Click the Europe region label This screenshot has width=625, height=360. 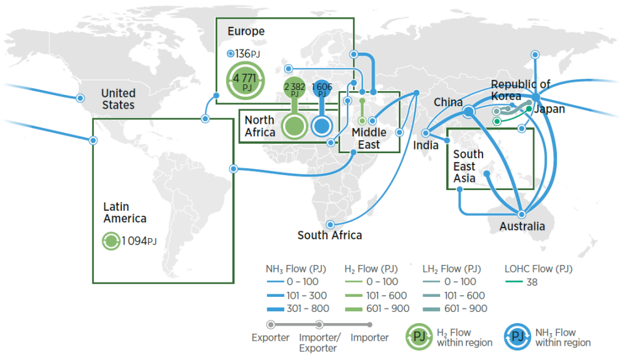click(246, 31)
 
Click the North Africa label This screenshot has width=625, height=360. click(259, 126)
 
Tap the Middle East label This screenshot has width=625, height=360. click(369, 138)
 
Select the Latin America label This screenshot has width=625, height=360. click(125, 212)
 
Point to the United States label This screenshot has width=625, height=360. click(118, 99)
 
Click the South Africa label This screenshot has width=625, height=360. click(329, 236)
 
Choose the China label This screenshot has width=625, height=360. click(448, 102)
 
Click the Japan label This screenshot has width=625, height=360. click(549, 109)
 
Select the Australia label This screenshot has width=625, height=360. click(522, 226)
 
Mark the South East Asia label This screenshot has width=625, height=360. click(468, 166)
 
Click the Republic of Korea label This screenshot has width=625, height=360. click(520, 91)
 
